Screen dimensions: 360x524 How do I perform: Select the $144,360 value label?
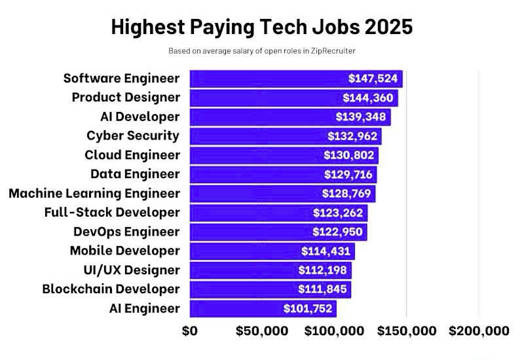[x=369, y=98]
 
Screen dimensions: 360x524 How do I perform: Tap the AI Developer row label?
[x=140, y=117]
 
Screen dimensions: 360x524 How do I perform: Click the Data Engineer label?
[x=135, y=174]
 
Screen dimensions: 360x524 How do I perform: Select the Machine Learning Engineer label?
[x=94, y=193]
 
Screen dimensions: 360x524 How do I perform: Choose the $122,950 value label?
[x=339, y=232]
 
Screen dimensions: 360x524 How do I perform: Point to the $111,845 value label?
[x=324, y=289]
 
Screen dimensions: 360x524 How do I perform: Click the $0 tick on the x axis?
[x=189, y=331]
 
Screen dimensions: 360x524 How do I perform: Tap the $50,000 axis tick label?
[x=261, y=331]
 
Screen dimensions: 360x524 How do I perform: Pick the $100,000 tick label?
[x=334, y=331]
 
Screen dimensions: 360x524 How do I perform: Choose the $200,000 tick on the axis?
[x=479, y=331]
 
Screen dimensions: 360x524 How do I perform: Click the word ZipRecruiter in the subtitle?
[x=335, y=50]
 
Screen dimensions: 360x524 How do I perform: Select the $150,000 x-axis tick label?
[x=407, y=331]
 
